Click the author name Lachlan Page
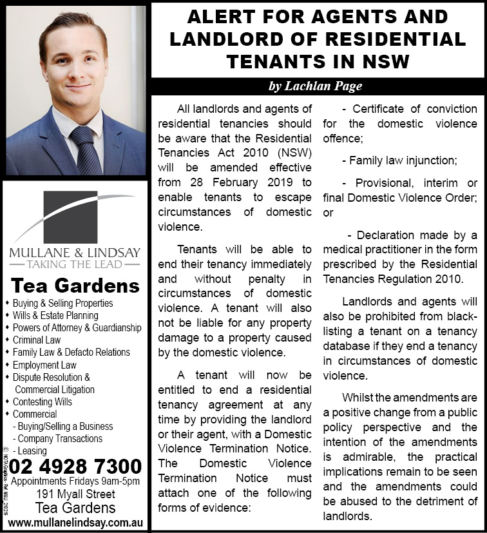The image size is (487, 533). [315, 86]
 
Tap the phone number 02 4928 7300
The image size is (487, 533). [75, 465]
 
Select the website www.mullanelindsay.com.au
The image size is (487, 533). [75, 522]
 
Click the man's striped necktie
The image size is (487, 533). [86, 150]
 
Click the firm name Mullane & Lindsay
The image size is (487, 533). [75, 251]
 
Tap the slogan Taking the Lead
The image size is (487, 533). [75, 264]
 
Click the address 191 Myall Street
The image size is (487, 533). [75, 494]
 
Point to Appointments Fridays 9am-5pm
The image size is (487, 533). [75, 481]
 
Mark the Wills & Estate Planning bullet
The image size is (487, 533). [55, 316]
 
